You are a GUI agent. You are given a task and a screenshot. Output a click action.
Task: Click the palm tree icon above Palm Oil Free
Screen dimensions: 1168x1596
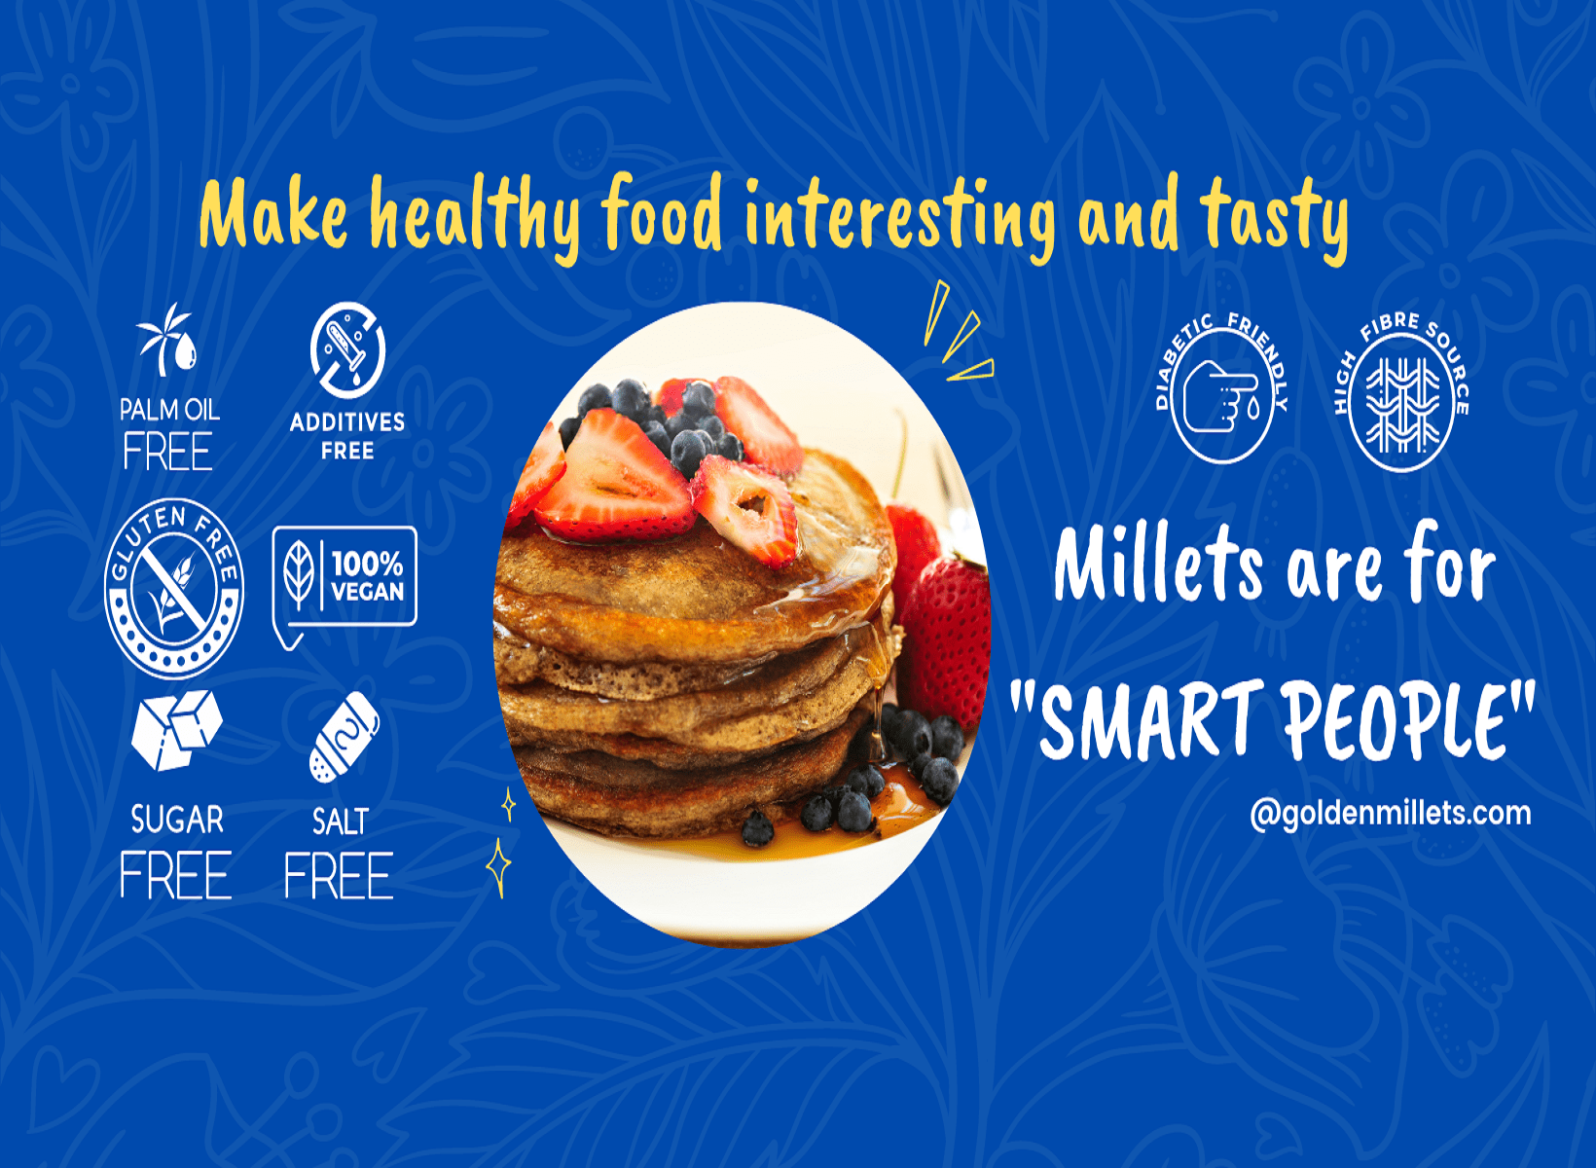coord(167,340)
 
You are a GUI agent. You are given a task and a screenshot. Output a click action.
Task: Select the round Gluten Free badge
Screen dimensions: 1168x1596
coord(174,589)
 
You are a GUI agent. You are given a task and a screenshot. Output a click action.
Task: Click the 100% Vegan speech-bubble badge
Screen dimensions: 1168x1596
coord(345,579)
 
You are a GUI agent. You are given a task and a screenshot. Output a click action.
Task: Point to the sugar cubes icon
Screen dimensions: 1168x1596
coord(176,730)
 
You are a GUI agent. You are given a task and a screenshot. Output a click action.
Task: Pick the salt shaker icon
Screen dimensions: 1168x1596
coord(344,738)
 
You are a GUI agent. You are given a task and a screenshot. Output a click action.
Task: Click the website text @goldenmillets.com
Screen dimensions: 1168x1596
coord(1390,813)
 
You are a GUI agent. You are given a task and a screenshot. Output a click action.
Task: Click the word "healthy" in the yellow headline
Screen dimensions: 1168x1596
coord(475,216)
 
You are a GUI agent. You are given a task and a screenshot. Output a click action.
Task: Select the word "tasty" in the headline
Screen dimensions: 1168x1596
coord(1274,216)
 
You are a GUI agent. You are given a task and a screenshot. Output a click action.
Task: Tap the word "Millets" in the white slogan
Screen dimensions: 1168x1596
coord(1159,565)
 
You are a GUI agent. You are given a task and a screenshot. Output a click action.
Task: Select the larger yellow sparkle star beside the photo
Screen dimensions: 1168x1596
coord(499,865)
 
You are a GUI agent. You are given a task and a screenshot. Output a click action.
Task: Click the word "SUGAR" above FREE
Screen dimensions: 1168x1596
coord(177,821)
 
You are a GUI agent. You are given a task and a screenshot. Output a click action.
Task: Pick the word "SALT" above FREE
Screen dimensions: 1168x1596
coord(340,822)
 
